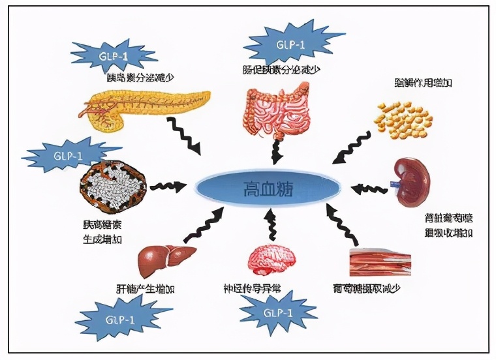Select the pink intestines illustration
(x=279, y=111)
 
